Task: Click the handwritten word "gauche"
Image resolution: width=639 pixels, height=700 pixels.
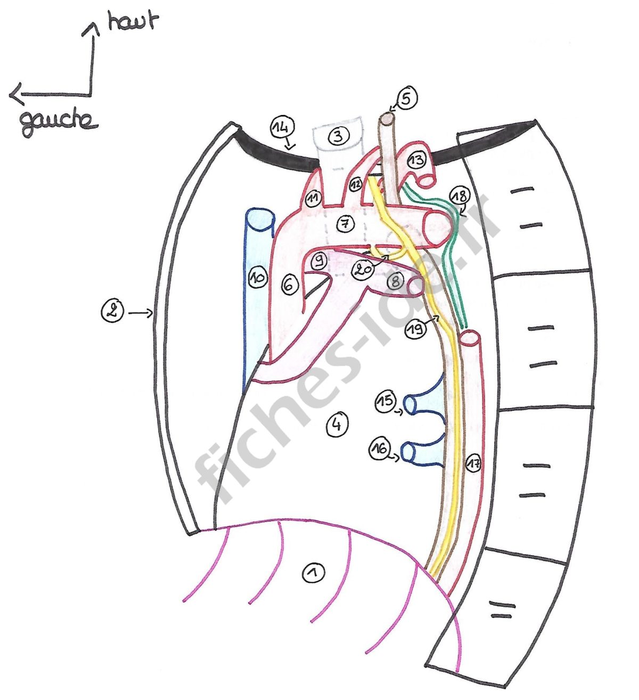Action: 59,122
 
